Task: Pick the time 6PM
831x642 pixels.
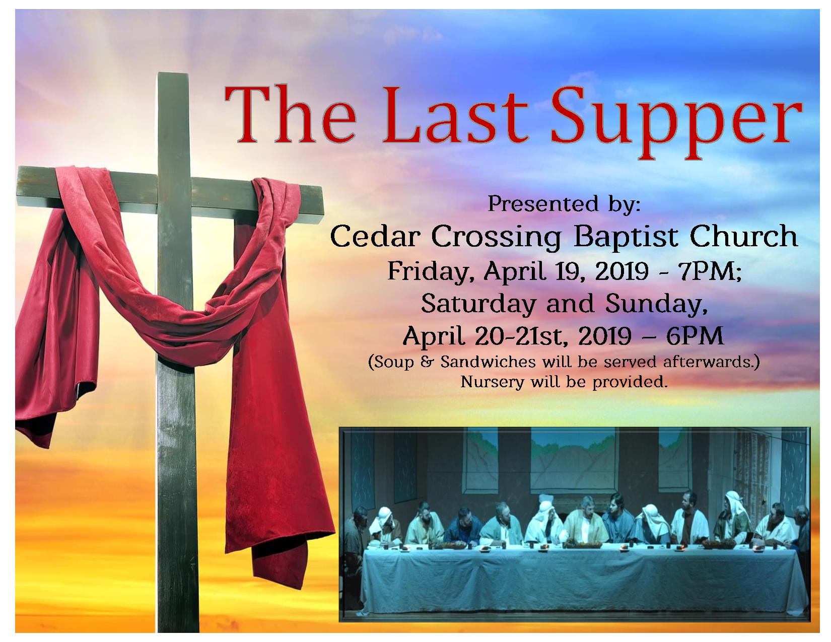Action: pyautogui.click(x=695, y=336)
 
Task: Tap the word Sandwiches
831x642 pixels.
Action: pyautogui.click(x=488, y=362)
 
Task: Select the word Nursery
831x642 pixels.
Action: pyautogui.click(x=492, y=382)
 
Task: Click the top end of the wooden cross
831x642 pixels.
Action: pyautogui.click(x=173, y=74)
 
